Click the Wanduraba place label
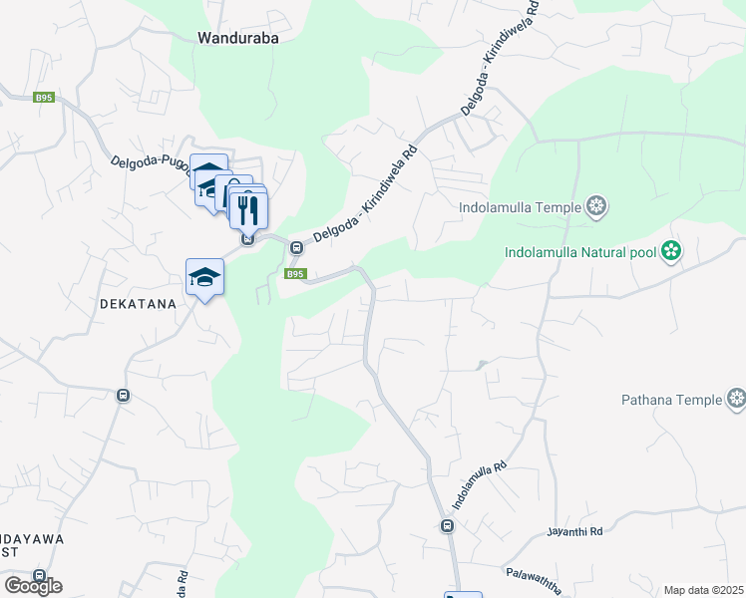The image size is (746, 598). pyautogui.click(x=236, y=39)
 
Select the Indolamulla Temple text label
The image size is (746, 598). pyautogui.click(x=522, y=208)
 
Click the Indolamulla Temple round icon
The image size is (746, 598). pyautogui.click(x=596, y=207)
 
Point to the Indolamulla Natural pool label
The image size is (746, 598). pyautogui.click(x=580, y=251)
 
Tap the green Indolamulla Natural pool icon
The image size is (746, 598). pyautogui.click(x=672, y=250)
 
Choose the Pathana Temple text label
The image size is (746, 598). pyautogui.click(x=671, y=400)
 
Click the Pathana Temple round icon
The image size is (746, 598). pyautogui.click(x=736, y=400)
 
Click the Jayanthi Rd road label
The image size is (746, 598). pyautogui.click(x=576, y=532)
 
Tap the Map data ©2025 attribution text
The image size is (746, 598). pyautogui.click(x=703, y=590)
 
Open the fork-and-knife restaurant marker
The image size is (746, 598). pyautogui.click(x=248, y=209)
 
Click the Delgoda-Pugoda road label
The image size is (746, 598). pyautogui.click(x=149, y=165)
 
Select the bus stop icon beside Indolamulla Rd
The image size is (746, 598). pyautogui.click(x=447, y=526)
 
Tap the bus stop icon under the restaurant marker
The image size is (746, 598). pyautogui.click(x=247, y=238)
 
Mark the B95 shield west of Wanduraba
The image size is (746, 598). pyautogui.click(x=43, y=98)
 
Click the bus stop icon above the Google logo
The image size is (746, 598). pyautogui.click(x=39, y=576)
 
